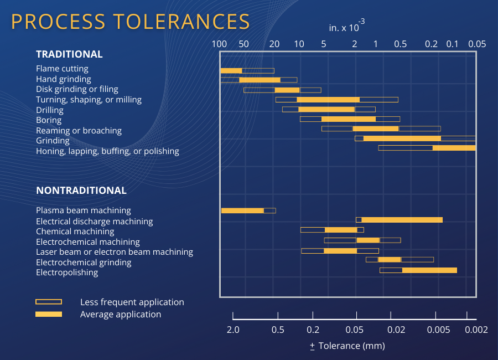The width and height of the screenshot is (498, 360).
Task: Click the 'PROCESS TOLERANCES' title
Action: (131, 22)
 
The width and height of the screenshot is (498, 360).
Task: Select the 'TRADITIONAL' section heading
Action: (69, 54)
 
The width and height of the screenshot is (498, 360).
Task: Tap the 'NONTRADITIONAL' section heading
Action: (81, 191)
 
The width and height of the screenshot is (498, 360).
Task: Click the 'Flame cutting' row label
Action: (62, 69)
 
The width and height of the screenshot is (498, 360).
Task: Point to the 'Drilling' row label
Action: (50, 110)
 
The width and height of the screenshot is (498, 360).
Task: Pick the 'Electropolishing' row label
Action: (67, 272)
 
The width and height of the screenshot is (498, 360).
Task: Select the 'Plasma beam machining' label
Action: (84, 210)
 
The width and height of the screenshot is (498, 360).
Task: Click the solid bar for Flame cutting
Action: (231, 70)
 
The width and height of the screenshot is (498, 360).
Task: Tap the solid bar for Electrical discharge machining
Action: (402, 220)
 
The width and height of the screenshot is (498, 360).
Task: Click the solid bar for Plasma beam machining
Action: (242, 210)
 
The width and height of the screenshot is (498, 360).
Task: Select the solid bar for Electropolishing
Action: (429, 270)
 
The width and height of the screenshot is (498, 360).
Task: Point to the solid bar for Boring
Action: (349, 119)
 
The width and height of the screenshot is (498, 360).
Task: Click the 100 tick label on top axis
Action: (220, 44)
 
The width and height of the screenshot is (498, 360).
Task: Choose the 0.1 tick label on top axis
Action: (452, 44)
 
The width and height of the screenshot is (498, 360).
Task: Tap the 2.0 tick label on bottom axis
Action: (233, 330)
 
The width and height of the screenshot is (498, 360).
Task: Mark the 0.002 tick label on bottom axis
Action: (476, 330)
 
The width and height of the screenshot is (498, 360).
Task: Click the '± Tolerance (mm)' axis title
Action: (347, 346)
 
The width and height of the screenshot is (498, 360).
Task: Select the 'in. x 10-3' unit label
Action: (346, 27)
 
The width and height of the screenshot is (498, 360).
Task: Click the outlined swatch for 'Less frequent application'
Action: (49, 302)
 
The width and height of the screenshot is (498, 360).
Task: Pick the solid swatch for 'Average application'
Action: (49, 314)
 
